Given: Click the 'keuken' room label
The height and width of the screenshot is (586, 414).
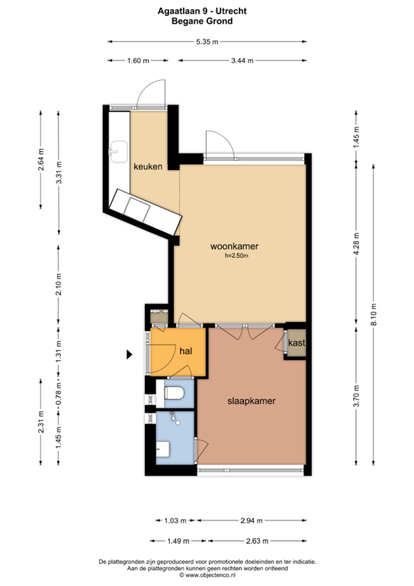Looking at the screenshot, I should [x=147, y=166].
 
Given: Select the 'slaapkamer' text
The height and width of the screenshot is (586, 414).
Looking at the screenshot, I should [x=251, y=401].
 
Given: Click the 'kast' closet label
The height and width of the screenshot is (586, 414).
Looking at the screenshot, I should [x=297, y=343].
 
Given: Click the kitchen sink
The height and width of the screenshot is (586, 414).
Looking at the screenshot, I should [x=117, y=152].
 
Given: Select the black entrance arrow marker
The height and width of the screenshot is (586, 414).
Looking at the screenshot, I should [x=130, y=353].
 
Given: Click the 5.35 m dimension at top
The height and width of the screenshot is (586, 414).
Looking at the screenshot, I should [x=207, y=41].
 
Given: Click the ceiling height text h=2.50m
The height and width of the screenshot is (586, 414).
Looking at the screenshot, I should [x=236, y=256].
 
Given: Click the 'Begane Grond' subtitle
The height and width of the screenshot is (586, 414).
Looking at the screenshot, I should [x=207, y=22].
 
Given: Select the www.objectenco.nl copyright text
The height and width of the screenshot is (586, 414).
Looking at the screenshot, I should [x=207, y=576].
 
